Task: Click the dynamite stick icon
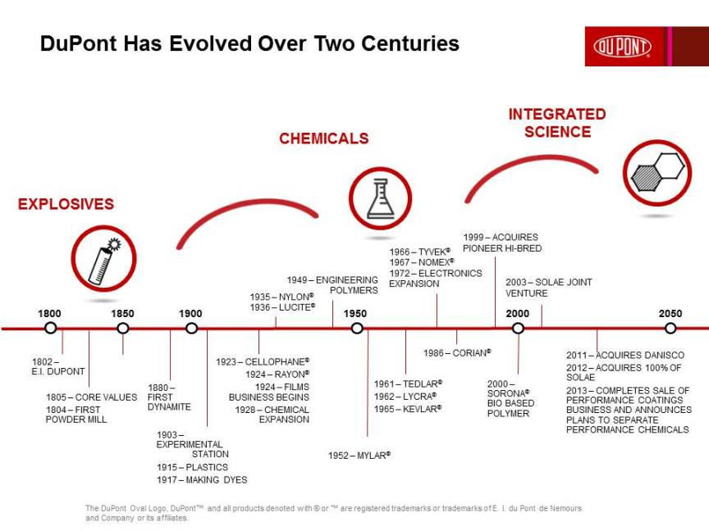coord(103,258)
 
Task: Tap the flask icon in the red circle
coord(379,197)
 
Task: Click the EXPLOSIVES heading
coord(66,204)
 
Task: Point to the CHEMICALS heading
coord(323,138)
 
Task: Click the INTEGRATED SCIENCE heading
coord(557,123)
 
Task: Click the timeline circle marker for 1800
coord(51,328)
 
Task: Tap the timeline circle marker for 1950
coord(357,328)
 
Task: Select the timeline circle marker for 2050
coord(670,328)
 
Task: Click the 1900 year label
coord(190,313)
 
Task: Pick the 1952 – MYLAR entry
coord(359,455)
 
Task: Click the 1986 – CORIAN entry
coord(457,352)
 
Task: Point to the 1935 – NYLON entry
coord(281,297)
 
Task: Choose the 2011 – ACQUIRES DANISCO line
coord(624,355)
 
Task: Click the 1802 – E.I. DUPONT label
coord(57,366)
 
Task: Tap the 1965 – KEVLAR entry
coord(408,408)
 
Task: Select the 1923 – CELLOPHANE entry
coord(263,361)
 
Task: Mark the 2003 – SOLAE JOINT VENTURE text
coord(548,288)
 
